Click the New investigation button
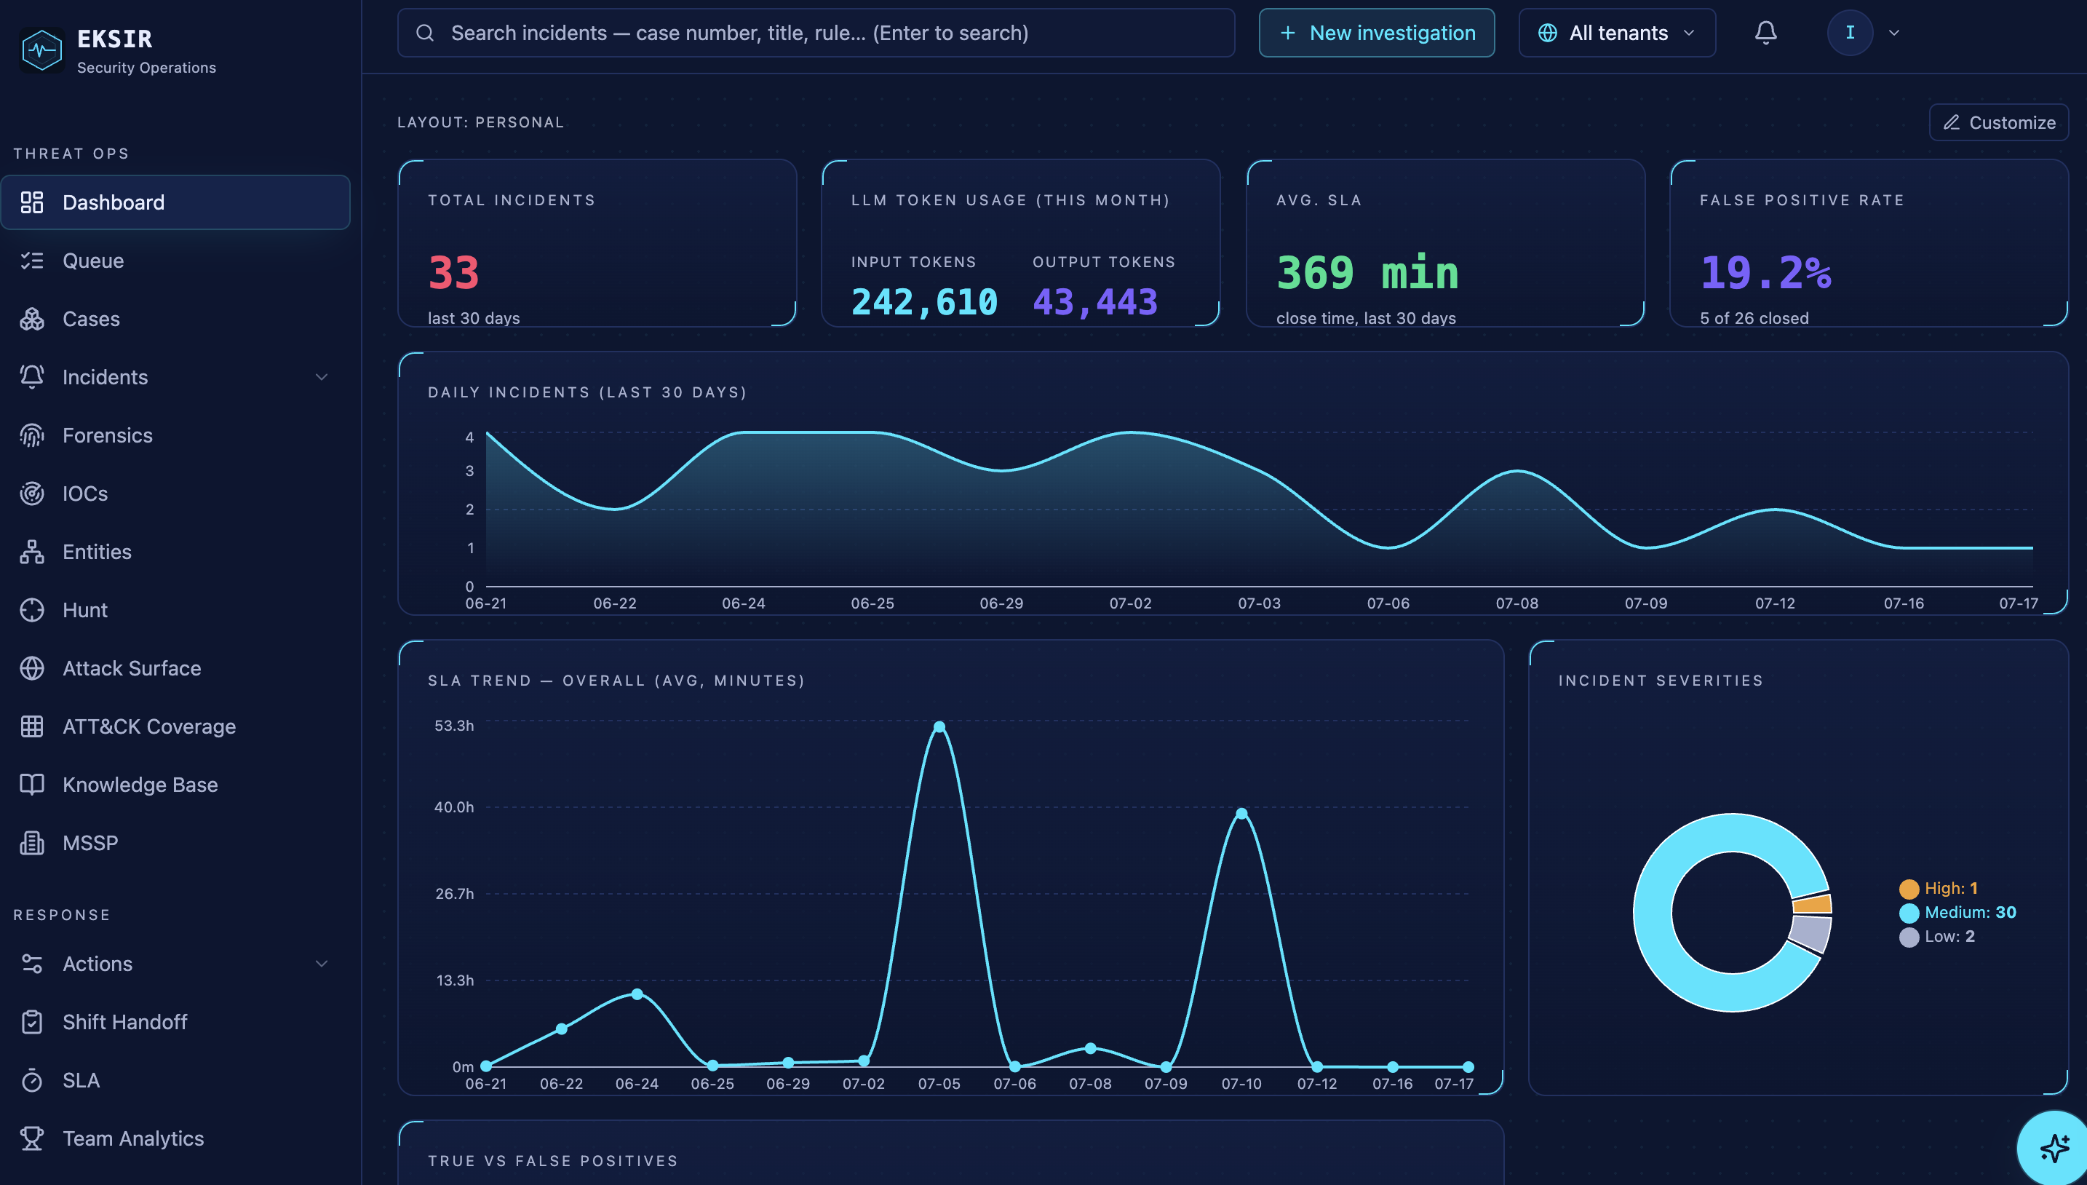[1376, 33]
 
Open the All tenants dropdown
[1617, 33]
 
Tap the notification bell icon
[1765, 33]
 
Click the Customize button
[1998, 122]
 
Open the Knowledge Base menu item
[139, 785]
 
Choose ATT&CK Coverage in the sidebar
[149, 726]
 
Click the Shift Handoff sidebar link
[124, 1021]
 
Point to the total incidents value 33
[453, 273]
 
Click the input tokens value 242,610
[924, 302]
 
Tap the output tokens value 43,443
[1095, 302]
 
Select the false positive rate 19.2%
[1765, 273]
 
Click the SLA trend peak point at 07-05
[939, 726]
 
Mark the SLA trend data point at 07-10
[1241, 813]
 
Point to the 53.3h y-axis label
[453, 725]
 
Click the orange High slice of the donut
[1812, 904]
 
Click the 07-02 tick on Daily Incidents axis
[1130, 603]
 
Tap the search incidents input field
[815, 33]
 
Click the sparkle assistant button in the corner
[2053, 1148]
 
